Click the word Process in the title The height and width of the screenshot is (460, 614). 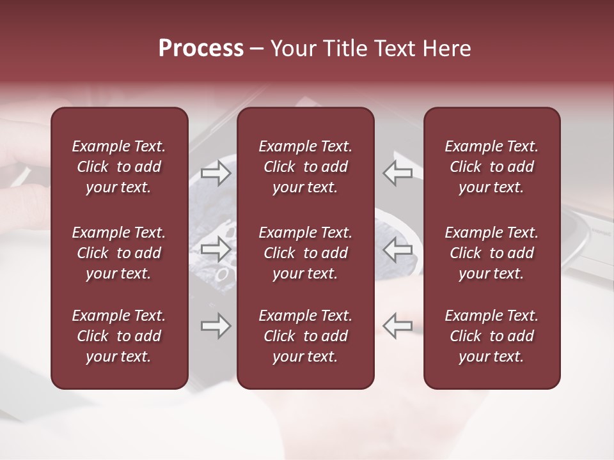(201, 49)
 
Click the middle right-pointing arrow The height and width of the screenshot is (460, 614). (216, 249)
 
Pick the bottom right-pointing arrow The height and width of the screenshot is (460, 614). (216, 326)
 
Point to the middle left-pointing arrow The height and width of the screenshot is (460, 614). (397, 249)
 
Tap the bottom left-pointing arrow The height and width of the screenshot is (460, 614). (397, 326)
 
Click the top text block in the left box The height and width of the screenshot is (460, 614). (119, 167)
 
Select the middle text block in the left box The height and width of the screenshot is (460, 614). (119, 253)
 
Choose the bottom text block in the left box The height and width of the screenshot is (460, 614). (119, 336)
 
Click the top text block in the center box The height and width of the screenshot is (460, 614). (305, 167)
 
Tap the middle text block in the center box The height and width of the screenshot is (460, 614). (305, 253)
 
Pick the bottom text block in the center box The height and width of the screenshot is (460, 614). (305, 336)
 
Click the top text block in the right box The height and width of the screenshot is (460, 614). (491, 167)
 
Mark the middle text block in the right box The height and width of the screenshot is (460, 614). (491, 253)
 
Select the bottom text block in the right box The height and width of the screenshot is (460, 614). (491, 336)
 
